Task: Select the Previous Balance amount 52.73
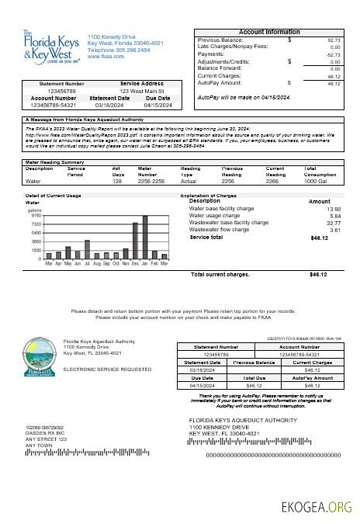click(334, 40)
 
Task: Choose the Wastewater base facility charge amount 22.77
click(334, 223)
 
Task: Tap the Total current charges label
click(220, 274)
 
